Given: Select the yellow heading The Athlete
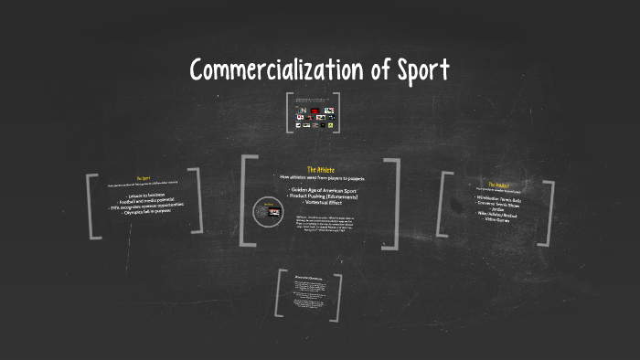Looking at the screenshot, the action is coord(320,169).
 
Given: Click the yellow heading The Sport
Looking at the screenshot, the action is coord(142,178).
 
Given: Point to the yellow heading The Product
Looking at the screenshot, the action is coord(497,184).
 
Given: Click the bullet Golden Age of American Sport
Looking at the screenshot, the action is coord(321,189).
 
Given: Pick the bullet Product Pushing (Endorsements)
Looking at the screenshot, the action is coord(321,196).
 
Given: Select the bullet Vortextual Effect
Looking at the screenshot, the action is coord(321,202).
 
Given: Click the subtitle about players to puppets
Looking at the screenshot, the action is coord(321,177).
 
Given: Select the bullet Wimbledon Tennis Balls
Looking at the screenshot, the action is coord(497,197).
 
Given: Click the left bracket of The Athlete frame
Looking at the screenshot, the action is coord(246,202).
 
